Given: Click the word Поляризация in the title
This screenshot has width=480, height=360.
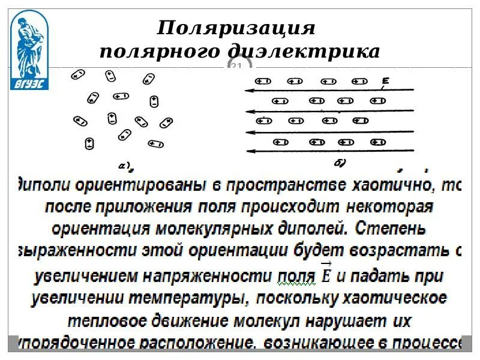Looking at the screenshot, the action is click(x=235, y=28).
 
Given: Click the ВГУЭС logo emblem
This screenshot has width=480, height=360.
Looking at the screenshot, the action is click(x=29, y=52).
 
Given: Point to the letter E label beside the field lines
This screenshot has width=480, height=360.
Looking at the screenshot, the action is click(x=386, y=81).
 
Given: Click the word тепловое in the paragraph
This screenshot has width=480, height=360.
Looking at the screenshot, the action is click(x=105, y=321).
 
